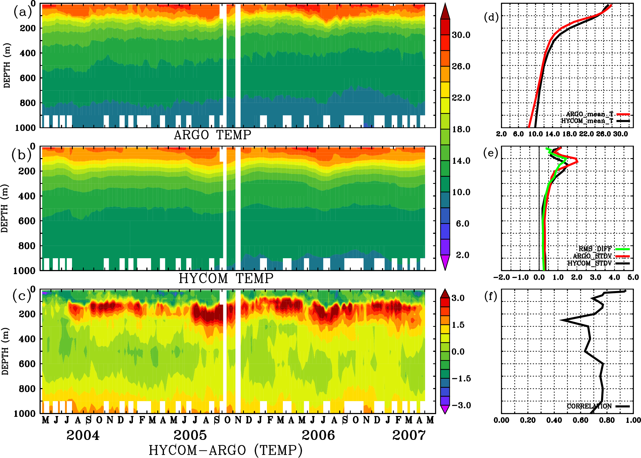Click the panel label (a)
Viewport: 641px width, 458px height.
click(23, 12)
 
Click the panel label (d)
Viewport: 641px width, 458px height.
click(491, 17)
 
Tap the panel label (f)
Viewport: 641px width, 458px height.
click(490, 296)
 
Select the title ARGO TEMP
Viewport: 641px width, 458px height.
click(212, 135)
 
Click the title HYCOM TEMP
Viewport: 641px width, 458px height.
click(226, 278)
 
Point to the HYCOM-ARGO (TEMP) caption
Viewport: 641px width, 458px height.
click(225, 450)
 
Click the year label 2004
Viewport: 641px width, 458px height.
click(83, 435)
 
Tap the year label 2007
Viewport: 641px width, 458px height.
click(409, 435)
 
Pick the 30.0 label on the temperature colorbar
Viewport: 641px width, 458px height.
click(461, 35)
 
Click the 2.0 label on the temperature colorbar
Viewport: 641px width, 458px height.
click(462, 255)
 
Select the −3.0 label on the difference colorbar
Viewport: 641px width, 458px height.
click(461, 405)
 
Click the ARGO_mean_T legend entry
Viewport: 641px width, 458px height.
click(590, 114)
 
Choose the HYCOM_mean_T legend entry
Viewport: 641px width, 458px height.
click(587, 121)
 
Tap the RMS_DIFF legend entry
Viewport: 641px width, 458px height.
click(595, 249)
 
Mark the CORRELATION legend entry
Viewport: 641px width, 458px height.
click(589, 406)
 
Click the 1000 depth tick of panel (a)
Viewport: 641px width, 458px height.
click(25, 128)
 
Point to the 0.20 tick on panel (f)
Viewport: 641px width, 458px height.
click(528, 420)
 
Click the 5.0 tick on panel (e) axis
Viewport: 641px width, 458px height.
click(633, 277)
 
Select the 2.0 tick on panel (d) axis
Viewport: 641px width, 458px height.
click(501, 134)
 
